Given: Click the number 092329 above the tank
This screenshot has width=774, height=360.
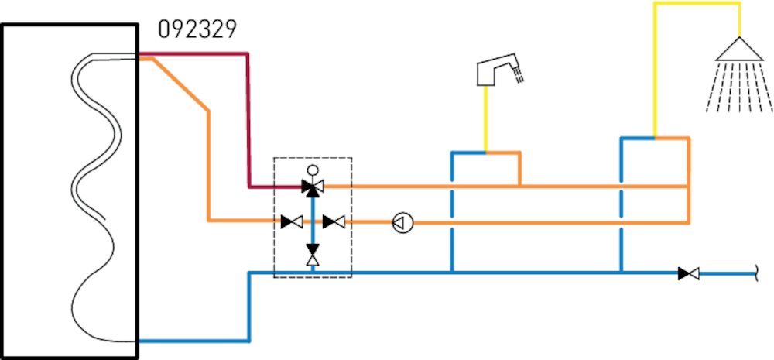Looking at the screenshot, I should click(197, 29).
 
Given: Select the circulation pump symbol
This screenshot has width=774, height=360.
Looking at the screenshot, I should click(402, 223).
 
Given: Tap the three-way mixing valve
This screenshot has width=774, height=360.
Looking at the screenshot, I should click(313, 186).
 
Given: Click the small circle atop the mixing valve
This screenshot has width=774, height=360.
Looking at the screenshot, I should click(313, 170).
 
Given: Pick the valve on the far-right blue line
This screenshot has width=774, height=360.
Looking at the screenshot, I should click(688, 273).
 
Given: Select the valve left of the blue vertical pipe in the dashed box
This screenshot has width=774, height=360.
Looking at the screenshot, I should click(292, 222).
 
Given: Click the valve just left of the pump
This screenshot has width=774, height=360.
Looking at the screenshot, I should click(334, 222).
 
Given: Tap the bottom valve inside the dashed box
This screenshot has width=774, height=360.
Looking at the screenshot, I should click(313, 253).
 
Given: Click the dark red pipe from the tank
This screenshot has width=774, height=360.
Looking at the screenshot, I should click(248, 116).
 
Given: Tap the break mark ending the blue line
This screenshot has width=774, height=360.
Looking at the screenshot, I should click(756, 273).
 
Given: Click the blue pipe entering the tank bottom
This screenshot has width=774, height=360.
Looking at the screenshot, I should click(193, 340).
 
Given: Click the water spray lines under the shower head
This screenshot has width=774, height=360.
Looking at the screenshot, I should click(741, 89).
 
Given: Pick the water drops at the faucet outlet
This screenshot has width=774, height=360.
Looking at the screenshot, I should click(519, 76).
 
